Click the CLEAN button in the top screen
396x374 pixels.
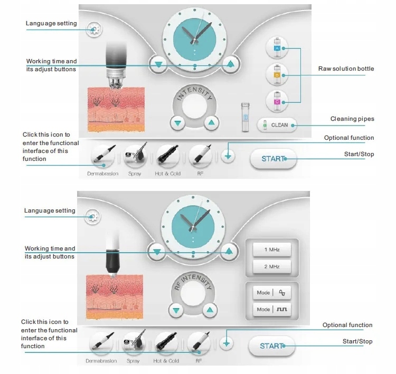277,125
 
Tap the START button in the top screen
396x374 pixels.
272,158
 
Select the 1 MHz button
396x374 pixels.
271,250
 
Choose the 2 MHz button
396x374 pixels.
271,266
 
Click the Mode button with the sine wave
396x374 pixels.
271,293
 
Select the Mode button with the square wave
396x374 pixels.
271,310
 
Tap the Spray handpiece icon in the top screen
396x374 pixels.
135,156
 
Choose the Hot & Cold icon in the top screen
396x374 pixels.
167,156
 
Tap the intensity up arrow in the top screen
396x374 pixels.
212,123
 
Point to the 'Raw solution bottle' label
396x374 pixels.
346,69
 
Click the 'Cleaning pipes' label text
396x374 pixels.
352,119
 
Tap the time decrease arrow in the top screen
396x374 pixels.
158,64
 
